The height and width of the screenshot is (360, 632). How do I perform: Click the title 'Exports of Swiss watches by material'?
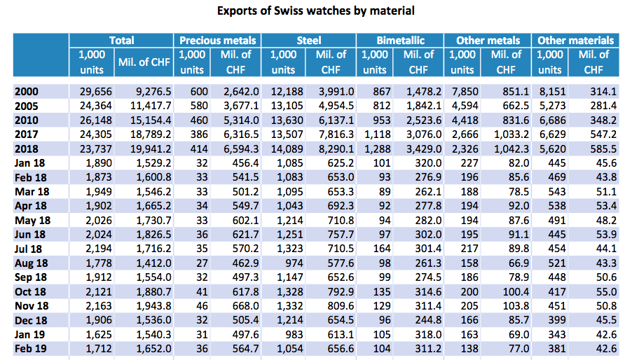coord(315,11)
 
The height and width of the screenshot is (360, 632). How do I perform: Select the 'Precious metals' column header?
coord(218,41)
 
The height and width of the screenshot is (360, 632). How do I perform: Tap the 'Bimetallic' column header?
coord(400,41)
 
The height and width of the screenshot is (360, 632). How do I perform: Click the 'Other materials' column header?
coord(575,41)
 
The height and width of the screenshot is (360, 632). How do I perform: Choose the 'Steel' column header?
coord(309,41)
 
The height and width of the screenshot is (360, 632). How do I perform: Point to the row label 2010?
coord(27,119)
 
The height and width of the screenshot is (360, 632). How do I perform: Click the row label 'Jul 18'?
coord(29,249)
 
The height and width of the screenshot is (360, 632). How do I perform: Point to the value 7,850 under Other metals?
coord(461,90)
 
